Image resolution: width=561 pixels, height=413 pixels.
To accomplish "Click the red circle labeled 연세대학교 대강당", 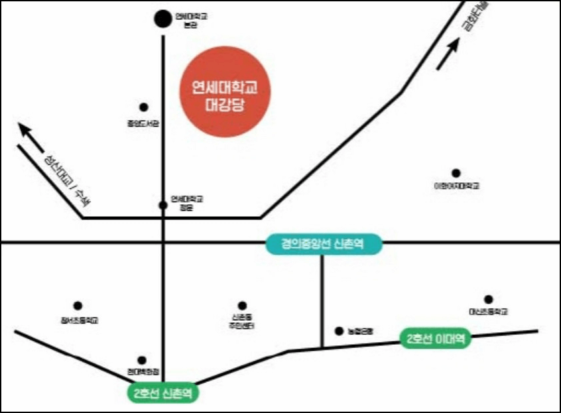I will point(227,95).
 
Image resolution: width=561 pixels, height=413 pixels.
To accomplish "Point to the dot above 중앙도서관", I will point(143,107).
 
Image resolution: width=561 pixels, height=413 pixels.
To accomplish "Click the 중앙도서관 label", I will point(143,123).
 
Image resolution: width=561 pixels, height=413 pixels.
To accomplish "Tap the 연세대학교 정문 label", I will point(187,202).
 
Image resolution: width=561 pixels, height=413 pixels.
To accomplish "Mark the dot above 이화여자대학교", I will point(456,173).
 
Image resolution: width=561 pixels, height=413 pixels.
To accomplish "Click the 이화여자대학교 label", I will point(456,186).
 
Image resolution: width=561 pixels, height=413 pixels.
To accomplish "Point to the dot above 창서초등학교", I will point(78,306).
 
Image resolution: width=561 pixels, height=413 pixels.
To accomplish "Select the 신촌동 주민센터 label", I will point(242,322).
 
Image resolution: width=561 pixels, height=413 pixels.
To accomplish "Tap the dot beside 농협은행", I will point(339,331).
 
